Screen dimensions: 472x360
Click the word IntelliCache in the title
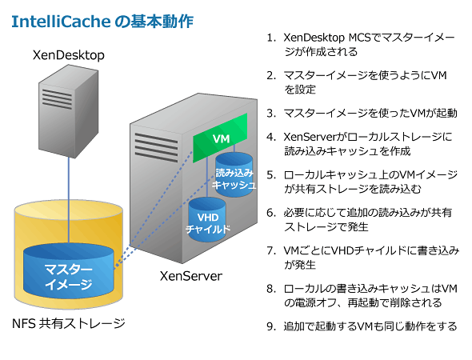(61, 22)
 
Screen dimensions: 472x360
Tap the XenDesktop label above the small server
(69, 55)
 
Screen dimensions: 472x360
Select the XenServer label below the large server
(191, 276)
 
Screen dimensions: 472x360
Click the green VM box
(220, 138)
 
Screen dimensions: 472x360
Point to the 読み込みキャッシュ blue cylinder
(234, 175)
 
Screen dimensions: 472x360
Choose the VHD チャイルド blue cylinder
(207, 220)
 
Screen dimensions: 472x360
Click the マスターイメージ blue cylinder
(69, 271)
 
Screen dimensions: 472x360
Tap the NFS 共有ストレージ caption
(69, 323)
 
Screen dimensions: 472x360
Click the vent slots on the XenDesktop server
(57, 98)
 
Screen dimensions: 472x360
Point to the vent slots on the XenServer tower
(156, 147)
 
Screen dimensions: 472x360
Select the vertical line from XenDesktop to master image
(69, 200)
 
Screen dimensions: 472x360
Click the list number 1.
(271, 38)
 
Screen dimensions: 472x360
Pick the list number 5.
(271, 175)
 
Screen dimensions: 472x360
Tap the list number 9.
(271, 326)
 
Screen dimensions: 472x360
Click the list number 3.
(271, 114)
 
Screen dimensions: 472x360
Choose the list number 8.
(271, 289)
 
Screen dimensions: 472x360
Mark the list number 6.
(271, 213)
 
